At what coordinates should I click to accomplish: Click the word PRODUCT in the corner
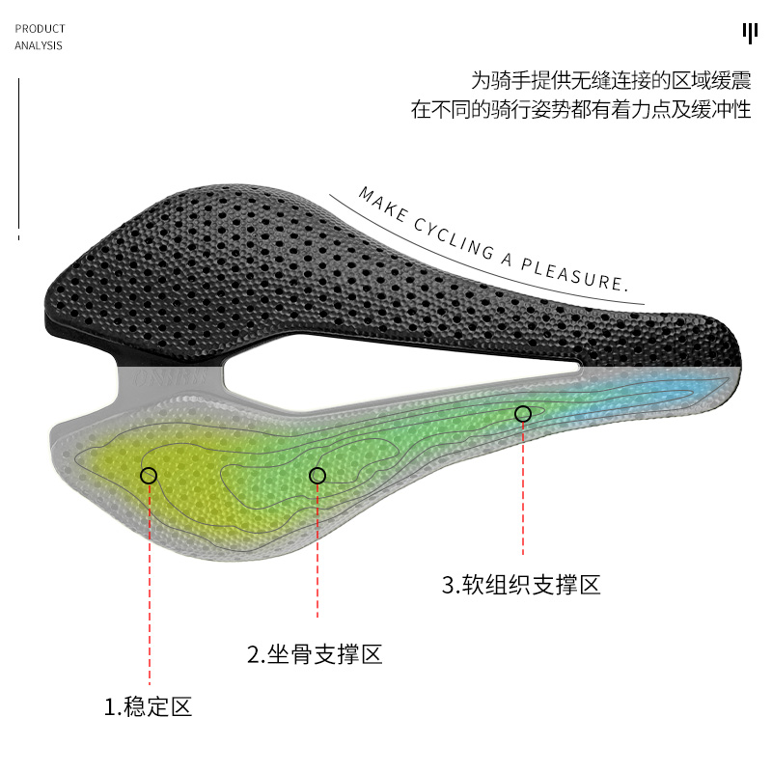pos(40,29)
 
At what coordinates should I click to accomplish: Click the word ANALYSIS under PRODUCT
pos(39,45)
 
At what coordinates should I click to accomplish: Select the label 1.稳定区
pos(149,707)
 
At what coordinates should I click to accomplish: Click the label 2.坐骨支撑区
pos(316,655)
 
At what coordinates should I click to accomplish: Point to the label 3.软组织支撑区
pos(521,585)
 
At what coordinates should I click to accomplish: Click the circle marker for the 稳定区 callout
pos(149,475)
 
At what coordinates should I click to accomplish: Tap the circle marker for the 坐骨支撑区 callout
pos(317,475)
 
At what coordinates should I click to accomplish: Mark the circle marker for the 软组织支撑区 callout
pos(523,414)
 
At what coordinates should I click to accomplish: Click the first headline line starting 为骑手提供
pos(610,79)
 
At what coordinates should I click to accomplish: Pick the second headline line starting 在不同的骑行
pos(581,110)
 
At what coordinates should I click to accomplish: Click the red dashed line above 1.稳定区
pos(150,589)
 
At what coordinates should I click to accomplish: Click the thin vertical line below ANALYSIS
pos(18,154)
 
